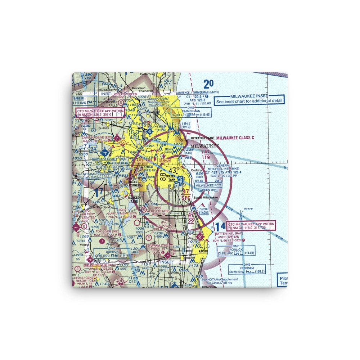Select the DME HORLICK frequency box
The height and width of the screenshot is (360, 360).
point(236,251)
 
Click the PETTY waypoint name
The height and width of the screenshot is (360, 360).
point(248,208)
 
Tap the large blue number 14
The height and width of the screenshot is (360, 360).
point(221,226)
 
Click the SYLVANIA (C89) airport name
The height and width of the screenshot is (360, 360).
point(161,245)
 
